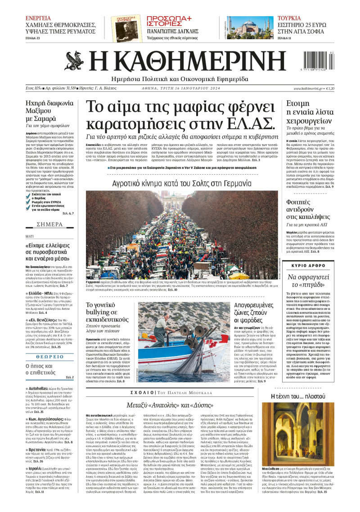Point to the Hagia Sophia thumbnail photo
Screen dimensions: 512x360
[x=249, y=28]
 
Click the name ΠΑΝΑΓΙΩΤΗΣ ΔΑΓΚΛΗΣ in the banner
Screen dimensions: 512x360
[x=173, y=31]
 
